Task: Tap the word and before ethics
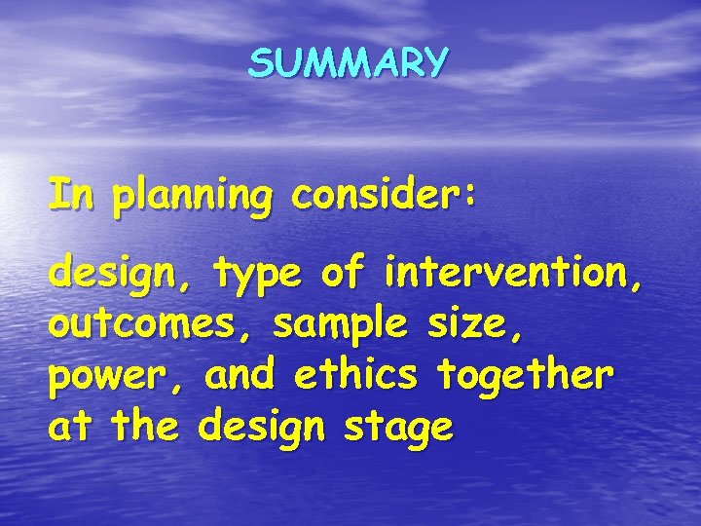click(x=238, y=375)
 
